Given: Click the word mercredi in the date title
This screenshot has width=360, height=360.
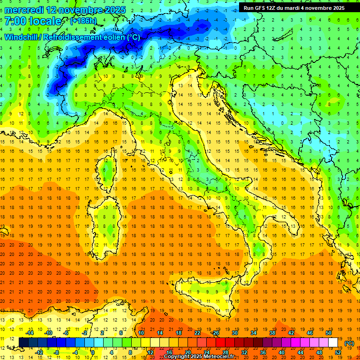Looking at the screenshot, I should click(x=24, y=9).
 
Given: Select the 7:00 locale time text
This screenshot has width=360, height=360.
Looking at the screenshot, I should click(x=33, y=21).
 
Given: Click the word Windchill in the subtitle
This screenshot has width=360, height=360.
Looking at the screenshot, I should click(x=22, y=37).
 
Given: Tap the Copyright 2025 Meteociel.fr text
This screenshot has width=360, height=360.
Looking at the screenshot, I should click(x=202, y=356).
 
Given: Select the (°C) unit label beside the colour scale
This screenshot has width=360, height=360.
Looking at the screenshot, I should click(x=349, y=343).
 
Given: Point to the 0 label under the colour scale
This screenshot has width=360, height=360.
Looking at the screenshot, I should click(x=92, y=352).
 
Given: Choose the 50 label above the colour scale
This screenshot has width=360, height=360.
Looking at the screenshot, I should click(x=328, y=333).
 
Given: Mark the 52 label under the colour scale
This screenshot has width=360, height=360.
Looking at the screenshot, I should click(x=337, y=352).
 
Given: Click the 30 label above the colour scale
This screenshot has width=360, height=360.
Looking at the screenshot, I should click(x=234, y=333).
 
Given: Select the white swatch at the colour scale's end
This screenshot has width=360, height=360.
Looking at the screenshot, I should click(x=333, y=342).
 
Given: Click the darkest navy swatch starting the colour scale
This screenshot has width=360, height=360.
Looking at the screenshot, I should click(x=24, y=342).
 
